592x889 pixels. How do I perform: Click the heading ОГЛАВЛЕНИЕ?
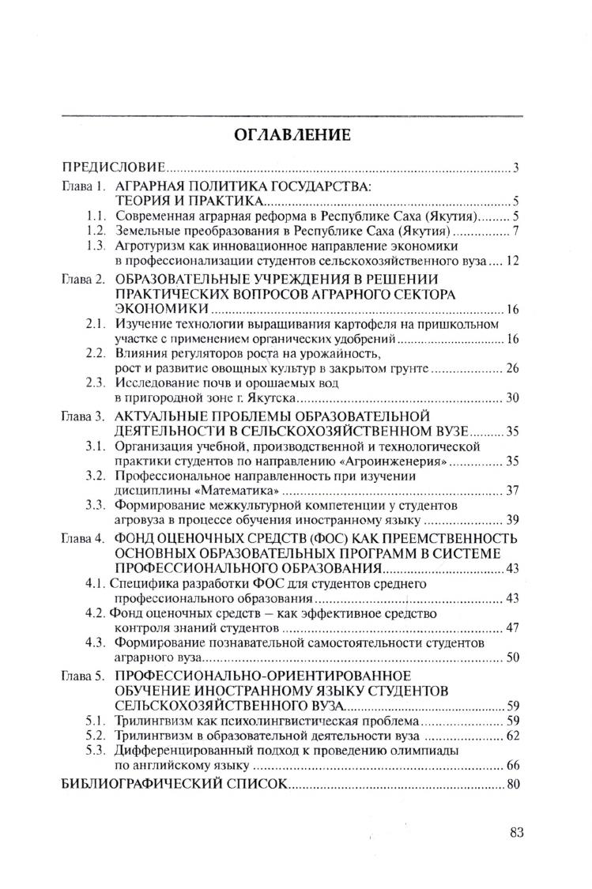[292, 134]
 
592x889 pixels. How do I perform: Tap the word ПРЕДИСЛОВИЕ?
[114, 168]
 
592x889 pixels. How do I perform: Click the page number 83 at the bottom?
[518, 831]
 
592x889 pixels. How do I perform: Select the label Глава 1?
[84, 187]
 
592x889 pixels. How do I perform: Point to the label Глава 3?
[84, 416]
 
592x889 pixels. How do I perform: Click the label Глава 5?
[84, 676]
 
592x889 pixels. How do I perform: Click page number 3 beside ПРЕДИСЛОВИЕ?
[515, 168]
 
